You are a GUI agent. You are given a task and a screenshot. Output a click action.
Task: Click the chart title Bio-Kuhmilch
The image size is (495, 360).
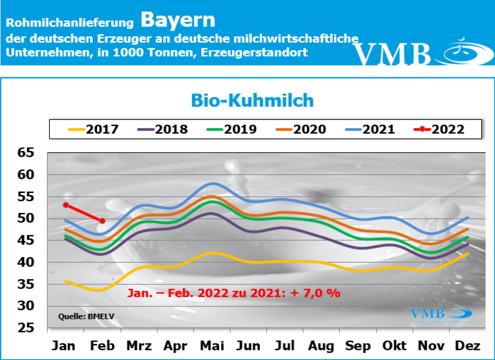coord(252,101)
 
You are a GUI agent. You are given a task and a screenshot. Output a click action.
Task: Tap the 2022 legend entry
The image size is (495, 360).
coord(440,129)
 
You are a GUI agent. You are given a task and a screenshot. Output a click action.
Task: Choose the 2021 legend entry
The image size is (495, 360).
coord(371,129)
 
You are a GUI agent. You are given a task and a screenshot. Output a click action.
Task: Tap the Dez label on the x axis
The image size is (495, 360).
coord(468,346)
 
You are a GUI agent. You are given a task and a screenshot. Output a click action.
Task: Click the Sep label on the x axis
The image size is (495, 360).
coord(359,346)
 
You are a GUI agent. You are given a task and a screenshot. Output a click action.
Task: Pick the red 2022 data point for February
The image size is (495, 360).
coord(102,221)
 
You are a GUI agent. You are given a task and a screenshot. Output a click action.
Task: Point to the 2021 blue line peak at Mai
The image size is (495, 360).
coord(212,183)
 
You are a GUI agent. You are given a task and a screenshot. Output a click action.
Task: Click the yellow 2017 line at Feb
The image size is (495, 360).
coord(102,289)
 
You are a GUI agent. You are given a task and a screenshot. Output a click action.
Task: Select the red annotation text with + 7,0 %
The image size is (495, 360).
coord(234,293)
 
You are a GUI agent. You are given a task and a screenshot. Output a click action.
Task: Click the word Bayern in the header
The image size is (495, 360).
coord(178,20)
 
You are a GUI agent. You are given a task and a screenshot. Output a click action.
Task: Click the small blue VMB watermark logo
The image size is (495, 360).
coord(439,315)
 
